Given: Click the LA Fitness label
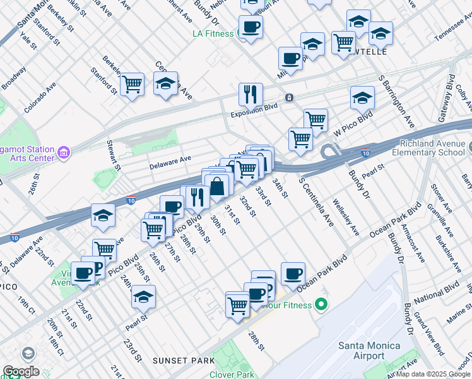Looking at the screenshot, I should pyautogui.click(x=215, y=33).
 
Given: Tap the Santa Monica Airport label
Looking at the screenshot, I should pyautogui.click(x=369, y=351).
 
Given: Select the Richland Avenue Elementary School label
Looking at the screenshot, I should pyautogui.click(x=428, y=148).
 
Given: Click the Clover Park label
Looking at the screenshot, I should pyautogui.click(x=237, y=375).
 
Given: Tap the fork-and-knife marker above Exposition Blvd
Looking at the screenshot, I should pyautogui.click(x=251, y=95).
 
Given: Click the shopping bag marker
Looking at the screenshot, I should pyautogui.click(x=216, y=186).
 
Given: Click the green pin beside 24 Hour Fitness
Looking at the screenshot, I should pyautogui.click(x=321, y=305).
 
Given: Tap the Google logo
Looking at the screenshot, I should pyautogui.click(x=21, y=371).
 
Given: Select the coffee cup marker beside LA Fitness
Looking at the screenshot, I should pyautogui.click(x=251, y=27).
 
